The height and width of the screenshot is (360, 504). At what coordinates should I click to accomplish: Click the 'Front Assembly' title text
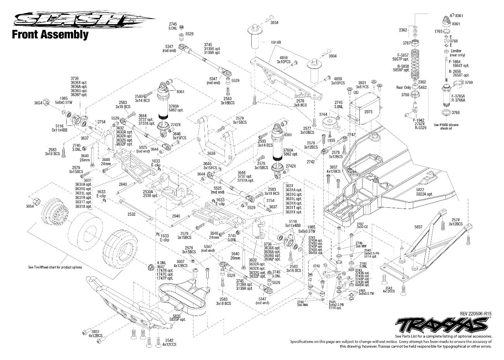50,35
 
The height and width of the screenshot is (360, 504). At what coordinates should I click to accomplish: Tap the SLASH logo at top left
83,20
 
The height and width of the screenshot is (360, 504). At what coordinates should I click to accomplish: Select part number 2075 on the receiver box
368,111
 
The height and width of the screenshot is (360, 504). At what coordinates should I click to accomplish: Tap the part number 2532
132,214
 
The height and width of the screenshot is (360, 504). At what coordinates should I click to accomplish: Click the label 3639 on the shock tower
211,154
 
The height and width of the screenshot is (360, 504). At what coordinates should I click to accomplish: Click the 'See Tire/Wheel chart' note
55,267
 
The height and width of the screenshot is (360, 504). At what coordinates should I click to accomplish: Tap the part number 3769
469,82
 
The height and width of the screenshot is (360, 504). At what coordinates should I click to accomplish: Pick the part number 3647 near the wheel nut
161,267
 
